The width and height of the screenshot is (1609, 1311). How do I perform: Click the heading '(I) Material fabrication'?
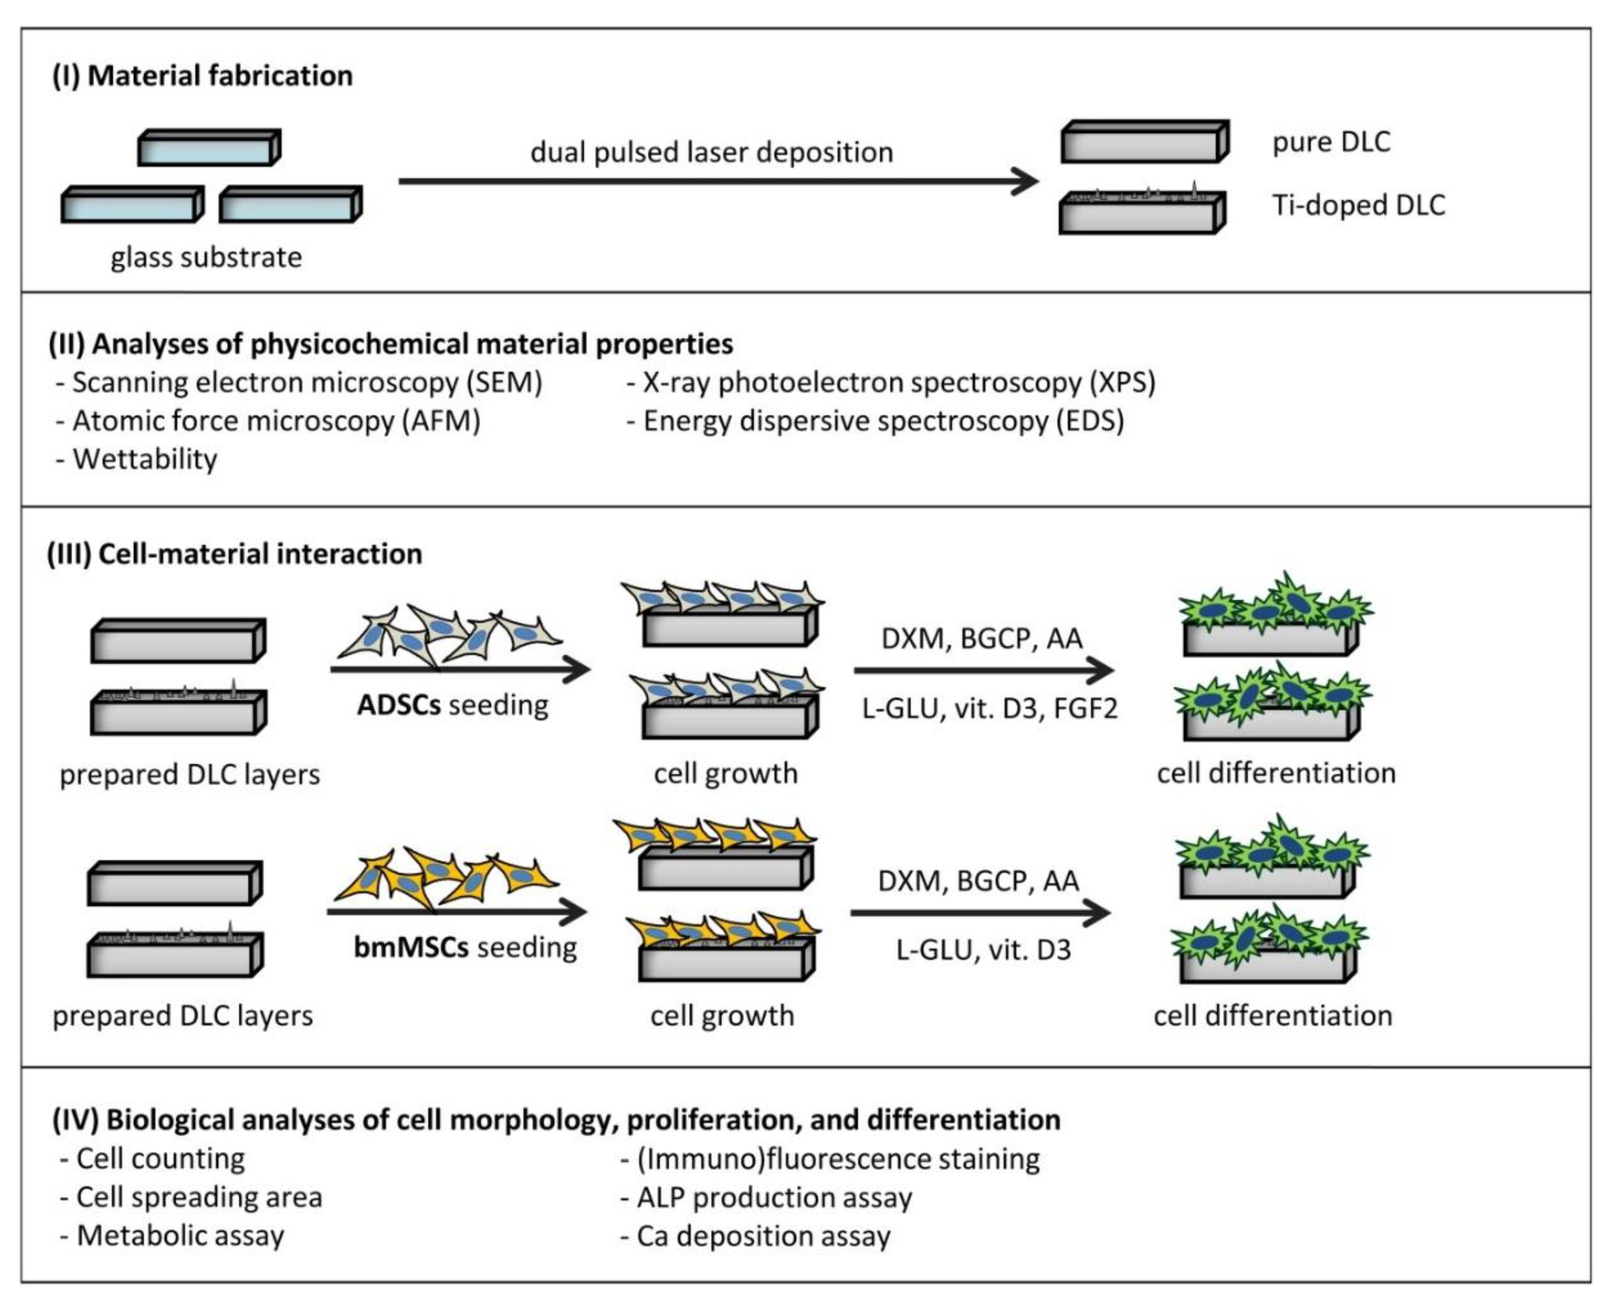coord(202,75)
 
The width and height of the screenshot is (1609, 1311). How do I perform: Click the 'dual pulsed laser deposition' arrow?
coord(717,181)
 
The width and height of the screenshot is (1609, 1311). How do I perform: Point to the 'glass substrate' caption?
coord(206,257)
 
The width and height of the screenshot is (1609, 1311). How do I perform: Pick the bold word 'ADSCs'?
coord(399,705)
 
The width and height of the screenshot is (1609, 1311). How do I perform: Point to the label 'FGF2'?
coord(1085,708)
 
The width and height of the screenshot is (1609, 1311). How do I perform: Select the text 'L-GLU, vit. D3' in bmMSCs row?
coord(983,949)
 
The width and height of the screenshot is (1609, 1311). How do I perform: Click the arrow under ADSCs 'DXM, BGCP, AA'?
coord(982,670)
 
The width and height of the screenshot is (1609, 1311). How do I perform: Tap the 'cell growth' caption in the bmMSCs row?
coord(722,1016)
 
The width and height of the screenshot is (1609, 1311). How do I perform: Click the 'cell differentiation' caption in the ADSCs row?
coord(1276,773)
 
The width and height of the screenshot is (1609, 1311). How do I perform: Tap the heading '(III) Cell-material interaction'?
coord(234,554)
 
